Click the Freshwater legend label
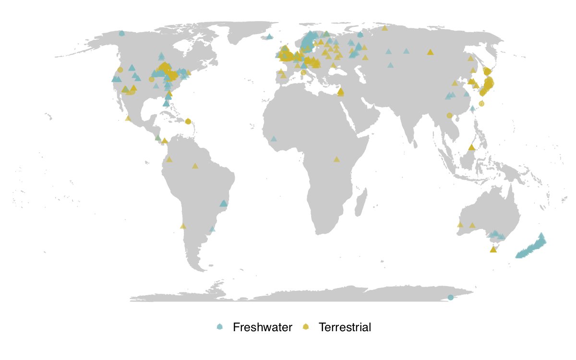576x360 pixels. (262, 328)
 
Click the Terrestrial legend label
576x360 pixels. (345, 328)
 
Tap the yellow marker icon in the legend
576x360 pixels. (306, 327)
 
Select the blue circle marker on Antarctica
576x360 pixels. (450, 298)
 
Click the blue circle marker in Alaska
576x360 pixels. (121, 33)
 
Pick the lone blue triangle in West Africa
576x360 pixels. (274, 139)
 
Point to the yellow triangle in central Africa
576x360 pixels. (336, 159)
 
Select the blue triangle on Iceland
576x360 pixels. (269, 36)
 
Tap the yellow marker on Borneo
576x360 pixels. (472, 147)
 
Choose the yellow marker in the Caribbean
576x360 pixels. (188, 121)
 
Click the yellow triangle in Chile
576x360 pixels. (182, 226)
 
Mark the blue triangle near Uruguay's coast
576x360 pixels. (212, 229)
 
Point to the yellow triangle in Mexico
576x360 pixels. (128, 118)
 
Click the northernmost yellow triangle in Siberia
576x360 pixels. (384, 28)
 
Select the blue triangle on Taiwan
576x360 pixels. (473, 108)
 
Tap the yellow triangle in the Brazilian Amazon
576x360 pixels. (195, 166)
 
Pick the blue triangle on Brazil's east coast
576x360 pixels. (223, 203)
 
